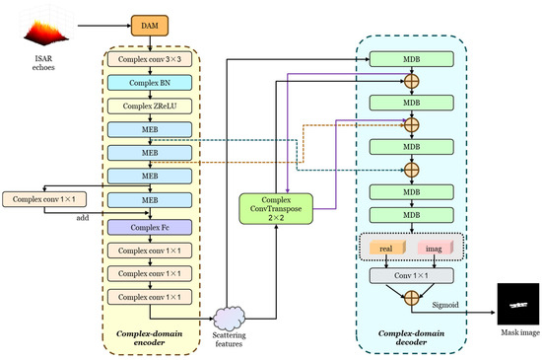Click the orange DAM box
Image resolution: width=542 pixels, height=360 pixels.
click(150, 26)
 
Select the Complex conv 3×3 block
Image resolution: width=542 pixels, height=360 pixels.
click(150, 59)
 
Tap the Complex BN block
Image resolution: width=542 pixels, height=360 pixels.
click(150, 83)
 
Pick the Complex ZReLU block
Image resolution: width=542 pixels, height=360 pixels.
click(150, 107)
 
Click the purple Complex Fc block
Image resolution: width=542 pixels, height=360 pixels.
click(150, 227)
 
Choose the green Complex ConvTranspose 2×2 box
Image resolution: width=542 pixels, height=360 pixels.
click(276, 209)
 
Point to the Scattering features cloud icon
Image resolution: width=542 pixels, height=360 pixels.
click(230, 319)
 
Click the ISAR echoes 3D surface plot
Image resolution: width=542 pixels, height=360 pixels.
click(46, 32)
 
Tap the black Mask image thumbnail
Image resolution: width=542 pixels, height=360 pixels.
click(518, 304)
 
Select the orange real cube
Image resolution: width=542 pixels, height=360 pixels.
click(387, 248)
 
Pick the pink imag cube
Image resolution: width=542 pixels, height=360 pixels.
click(436, 248)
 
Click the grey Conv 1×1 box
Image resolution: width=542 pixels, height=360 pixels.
click(411, 275)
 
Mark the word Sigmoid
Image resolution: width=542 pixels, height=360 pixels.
click(445, 305)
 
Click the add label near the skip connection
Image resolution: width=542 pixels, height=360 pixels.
click(83, 218)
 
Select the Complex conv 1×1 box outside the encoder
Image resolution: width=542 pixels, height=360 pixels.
click(44, 199)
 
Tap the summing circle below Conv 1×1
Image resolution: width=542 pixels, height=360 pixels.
click(411, 298)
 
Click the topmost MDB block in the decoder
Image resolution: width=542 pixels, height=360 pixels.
click(411, 59)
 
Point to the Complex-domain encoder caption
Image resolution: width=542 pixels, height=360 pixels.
click(150, 338)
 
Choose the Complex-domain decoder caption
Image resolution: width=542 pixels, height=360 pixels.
click(411, 337)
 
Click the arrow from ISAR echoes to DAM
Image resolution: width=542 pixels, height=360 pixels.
click(104, 26)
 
